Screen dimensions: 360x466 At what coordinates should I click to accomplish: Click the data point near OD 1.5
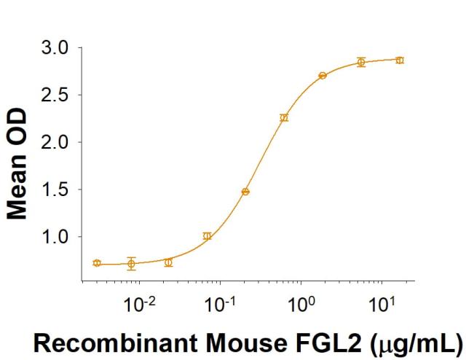pos(245,192)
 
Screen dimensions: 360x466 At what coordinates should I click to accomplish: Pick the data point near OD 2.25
pos(284,117)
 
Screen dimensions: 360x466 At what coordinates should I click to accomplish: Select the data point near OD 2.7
pos(323,76)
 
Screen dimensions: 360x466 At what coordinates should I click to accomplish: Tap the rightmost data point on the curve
pos(399,60)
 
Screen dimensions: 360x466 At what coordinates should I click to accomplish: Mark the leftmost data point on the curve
pos(97,262)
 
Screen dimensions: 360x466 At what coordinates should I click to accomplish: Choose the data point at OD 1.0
pos(208,236)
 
